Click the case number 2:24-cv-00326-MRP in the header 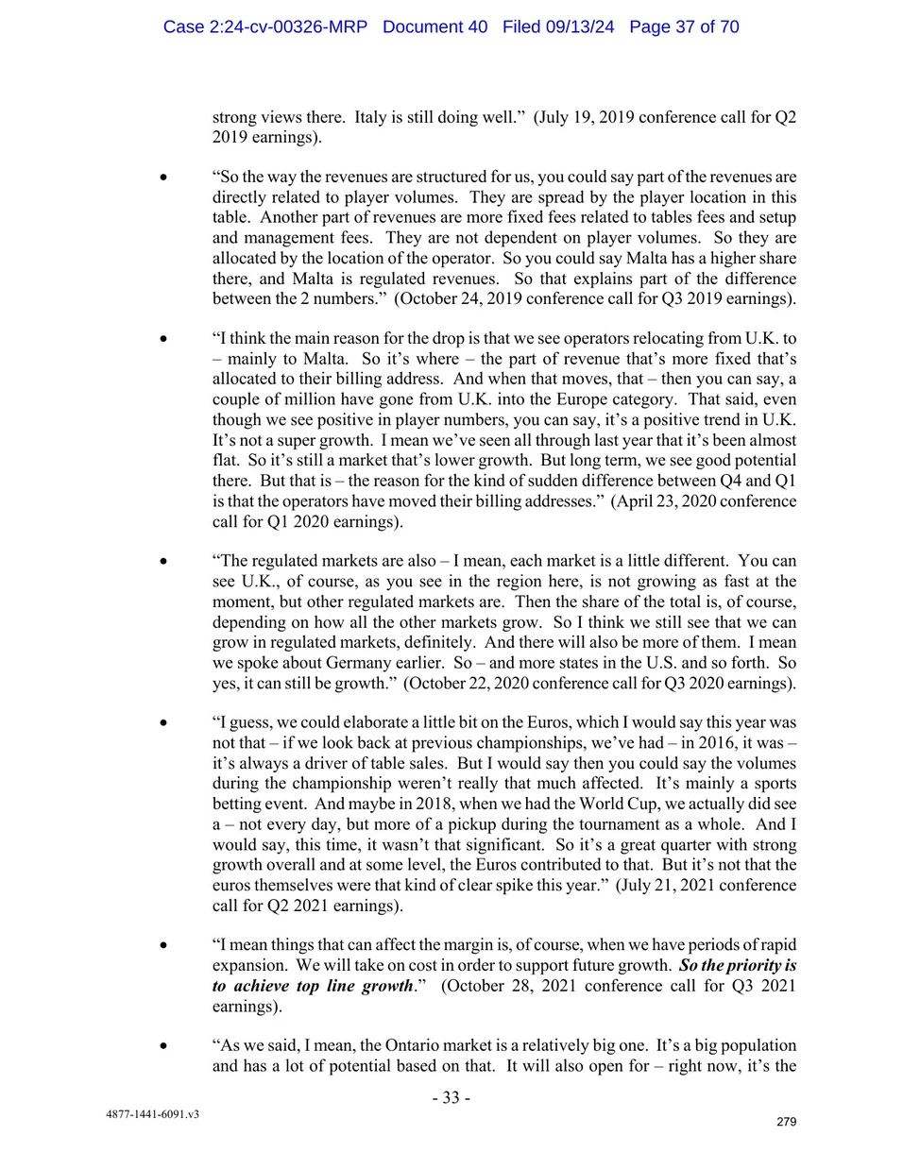click(x=264, y=26)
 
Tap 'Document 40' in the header click(x=434, y=26)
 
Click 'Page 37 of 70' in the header click(x=684, y=26)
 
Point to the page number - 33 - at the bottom click(x=451, y=1097)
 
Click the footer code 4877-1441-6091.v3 click(x=152, y=1114)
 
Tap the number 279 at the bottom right click(x=786, y=1122)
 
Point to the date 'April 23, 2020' click(x=672, y=500)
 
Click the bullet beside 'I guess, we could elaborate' click(x=163, y=722)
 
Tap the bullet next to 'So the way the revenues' click(x=163, y=177)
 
